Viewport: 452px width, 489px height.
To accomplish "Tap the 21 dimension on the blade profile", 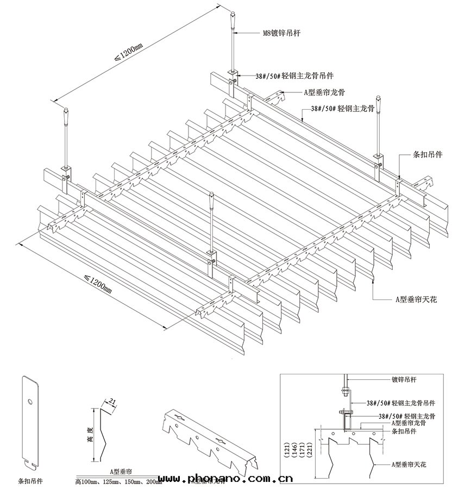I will pyautogui.click(x=113, y=401).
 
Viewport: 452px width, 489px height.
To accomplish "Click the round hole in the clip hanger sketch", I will pyautogui.click(x=30, y=402).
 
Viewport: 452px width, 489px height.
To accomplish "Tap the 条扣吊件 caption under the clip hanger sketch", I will pyautogui.click(x=30, y=481).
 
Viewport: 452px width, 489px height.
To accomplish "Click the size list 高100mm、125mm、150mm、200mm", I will pyautogui.click(x=118, y=481).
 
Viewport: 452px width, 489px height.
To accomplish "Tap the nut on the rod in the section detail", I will pyautogui.click(x=344, y=389).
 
